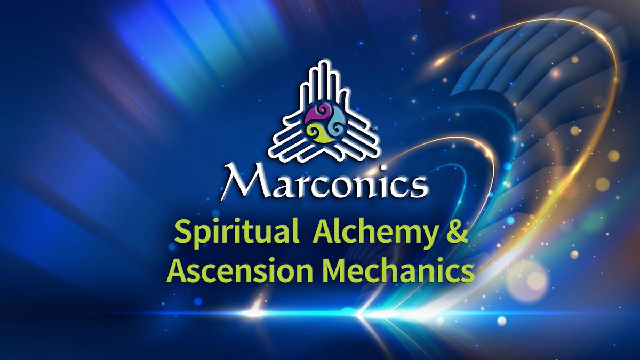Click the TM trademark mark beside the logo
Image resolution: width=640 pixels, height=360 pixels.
pyautogui.click(x=373, y=129)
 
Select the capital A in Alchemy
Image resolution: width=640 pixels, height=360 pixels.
pyautogui.click(x=324, y=232)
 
